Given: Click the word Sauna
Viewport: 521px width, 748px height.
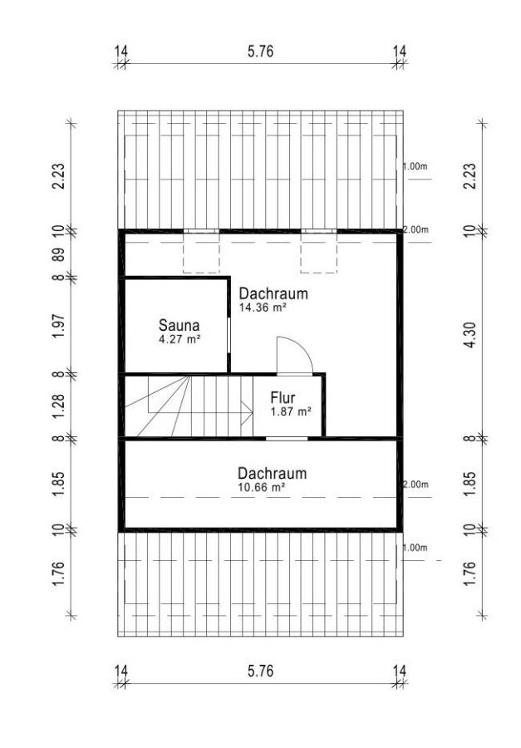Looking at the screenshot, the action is (179, 325).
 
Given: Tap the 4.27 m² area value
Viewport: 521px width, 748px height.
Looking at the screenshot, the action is (179, 340).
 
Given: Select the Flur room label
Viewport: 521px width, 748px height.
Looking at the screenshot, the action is (283, 397).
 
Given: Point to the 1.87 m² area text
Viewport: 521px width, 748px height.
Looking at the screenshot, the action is (291, 411).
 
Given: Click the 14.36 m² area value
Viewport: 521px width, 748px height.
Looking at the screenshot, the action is (263, 308).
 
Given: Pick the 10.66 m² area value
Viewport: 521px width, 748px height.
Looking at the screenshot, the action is (262, 488).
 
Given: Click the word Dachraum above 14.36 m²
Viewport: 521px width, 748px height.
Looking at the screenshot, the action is (273, 293).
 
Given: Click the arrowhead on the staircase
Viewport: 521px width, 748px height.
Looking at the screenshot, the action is (247, 413).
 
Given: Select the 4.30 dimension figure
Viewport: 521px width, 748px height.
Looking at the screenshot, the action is (469, 335).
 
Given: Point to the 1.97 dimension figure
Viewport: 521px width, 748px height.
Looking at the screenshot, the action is (58, 325).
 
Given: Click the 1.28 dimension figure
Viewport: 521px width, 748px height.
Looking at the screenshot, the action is (58, 406).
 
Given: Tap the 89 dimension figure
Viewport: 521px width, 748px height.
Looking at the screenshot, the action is (58, 254).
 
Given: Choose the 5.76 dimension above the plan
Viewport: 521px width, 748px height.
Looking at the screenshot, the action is (261, 51).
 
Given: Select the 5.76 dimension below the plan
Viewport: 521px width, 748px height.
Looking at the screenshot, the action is (261, 672).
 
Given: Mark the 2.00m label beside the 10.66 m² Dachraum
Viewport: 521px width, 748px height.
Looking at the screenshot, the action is (415, 485).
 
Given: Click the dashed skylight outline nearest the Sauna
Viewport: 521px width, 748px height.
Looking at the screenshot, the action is (201, 253).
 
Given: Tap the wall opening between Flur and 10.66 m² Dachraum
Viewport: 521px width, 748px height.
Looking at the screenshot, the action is (287, 438).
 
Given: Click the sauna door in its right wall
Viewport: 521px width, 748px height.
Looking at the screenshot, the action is (229, 336).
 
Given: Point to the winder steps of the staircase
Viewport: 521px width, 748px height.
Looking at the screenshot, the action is (157, 406).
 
